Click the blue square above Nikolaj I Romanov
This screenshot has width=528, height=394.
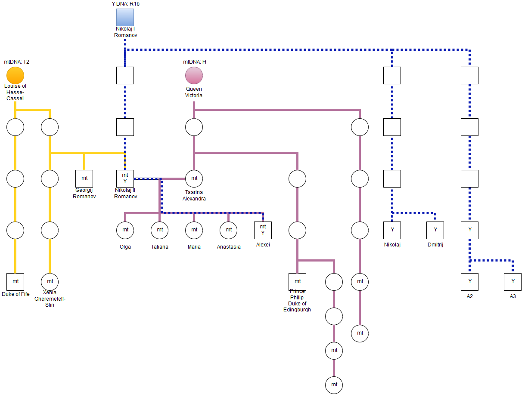click(x=125, y=18)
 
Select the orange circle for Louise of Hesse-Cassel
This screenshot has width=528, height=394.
click(x=16, y=75)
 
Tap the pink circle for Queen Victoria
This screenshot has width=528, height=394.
click(x=194, y=75)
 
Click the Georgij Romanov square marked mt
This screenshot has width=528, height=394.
click(x=84, y=179)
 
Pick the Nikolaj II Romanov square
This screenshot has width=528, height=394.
click(x=125, y=179)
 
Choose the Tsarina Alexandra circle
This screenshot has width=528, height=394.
click(x=194, y=179)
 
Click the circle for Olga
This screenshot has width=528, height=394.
click(x=125, y=230)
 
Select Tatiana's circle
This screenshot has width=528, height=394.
click(x=159, y=230)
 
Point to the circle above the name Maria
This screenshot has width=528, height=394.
click(x=194, y=230)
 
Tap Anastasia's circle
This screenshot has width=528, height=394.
click(x=228, y=230)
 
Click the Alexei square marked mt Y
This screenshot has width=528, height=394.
click(x=263, y=230)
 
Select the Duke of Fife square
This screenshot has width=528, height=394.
click(x=16, y=282)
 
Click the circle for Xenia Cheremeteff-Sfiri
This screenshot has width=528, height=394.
click(x=50, y=282)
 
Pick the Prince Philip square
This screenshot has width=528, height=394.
click(x=297, y=282)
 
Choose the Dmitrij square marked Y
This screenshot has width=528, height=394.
click(x=435, y=230)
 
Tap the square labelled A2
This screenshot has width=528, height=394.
click(x=469, y=282)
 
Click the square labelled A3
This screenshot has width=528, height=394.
click(x=512, y=282)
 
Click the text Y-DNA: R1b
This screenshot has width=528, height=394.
click(x=125, y=4)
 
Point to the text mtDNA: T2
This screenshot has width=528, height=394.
click(x=17, y=62)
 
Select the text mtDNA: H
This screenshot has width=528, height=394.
click(x=195, y=62)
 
